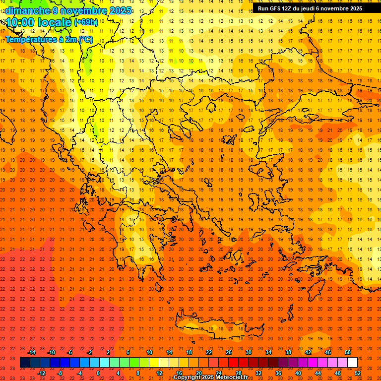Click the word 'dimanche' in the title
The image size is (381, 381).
25,10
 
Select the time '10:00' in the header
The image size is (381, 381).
20,22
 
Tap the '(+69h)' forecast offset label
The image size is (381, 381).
86,22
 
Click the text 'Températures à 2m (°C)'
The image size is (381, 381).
49,39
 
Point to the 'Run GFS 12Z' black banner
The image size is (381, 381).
310,8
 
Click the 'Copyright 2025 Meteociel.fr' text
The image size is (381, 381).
210,378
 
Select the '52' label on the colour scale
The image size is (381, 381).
358,373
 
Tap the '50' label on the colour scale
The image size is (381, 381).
348,352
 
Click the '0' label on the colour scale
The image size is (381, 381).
98,373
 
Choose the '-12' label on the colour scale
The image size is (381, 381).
42,373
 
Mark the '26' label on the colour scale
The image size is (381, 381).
229,352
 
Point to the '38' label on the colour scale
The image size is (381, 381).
288,352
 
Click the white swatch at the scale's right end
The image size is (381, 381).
352,363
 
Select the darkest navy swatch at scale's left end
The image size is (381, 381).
25,363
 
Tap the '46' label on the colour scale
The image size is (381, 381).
328,352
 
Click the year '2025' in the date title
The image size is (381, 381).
120,10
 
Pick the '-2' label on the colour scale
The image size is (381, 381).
90,352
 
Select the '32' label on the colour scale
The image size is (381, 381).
258,373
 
